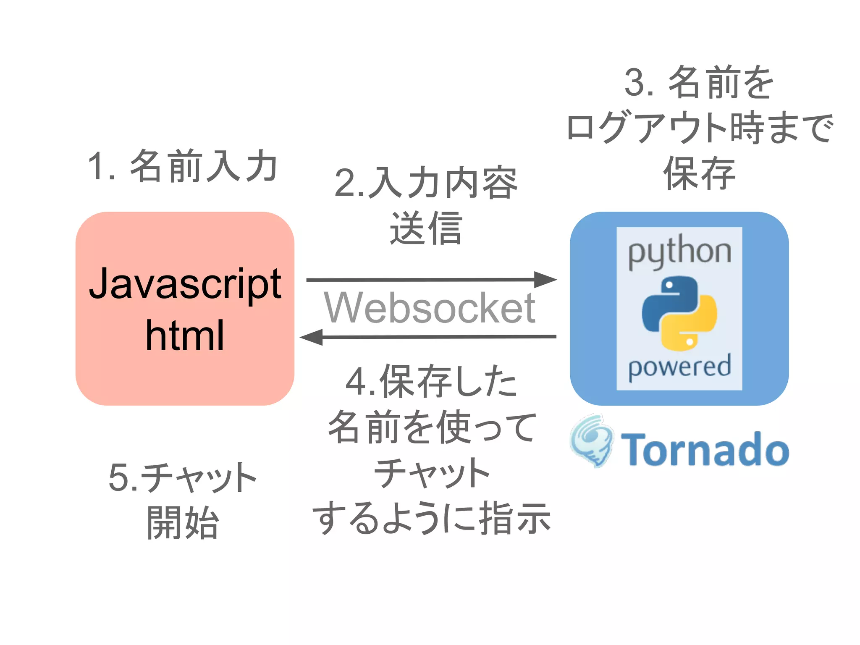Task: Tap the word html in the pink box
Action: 185,336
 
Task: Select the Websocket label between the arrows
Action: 429,308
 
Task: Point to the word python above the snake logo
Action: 679,252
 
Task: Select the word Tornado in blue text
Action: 705,449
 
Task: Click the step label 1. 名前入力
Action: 183,166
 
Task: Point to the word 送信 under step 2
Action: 426,229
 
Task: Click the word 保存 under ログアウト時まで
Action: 699,173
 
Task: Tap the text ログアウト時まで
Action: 699,127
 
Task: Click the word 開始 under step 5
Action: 183,523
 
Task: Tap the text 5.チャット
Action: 183,477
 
